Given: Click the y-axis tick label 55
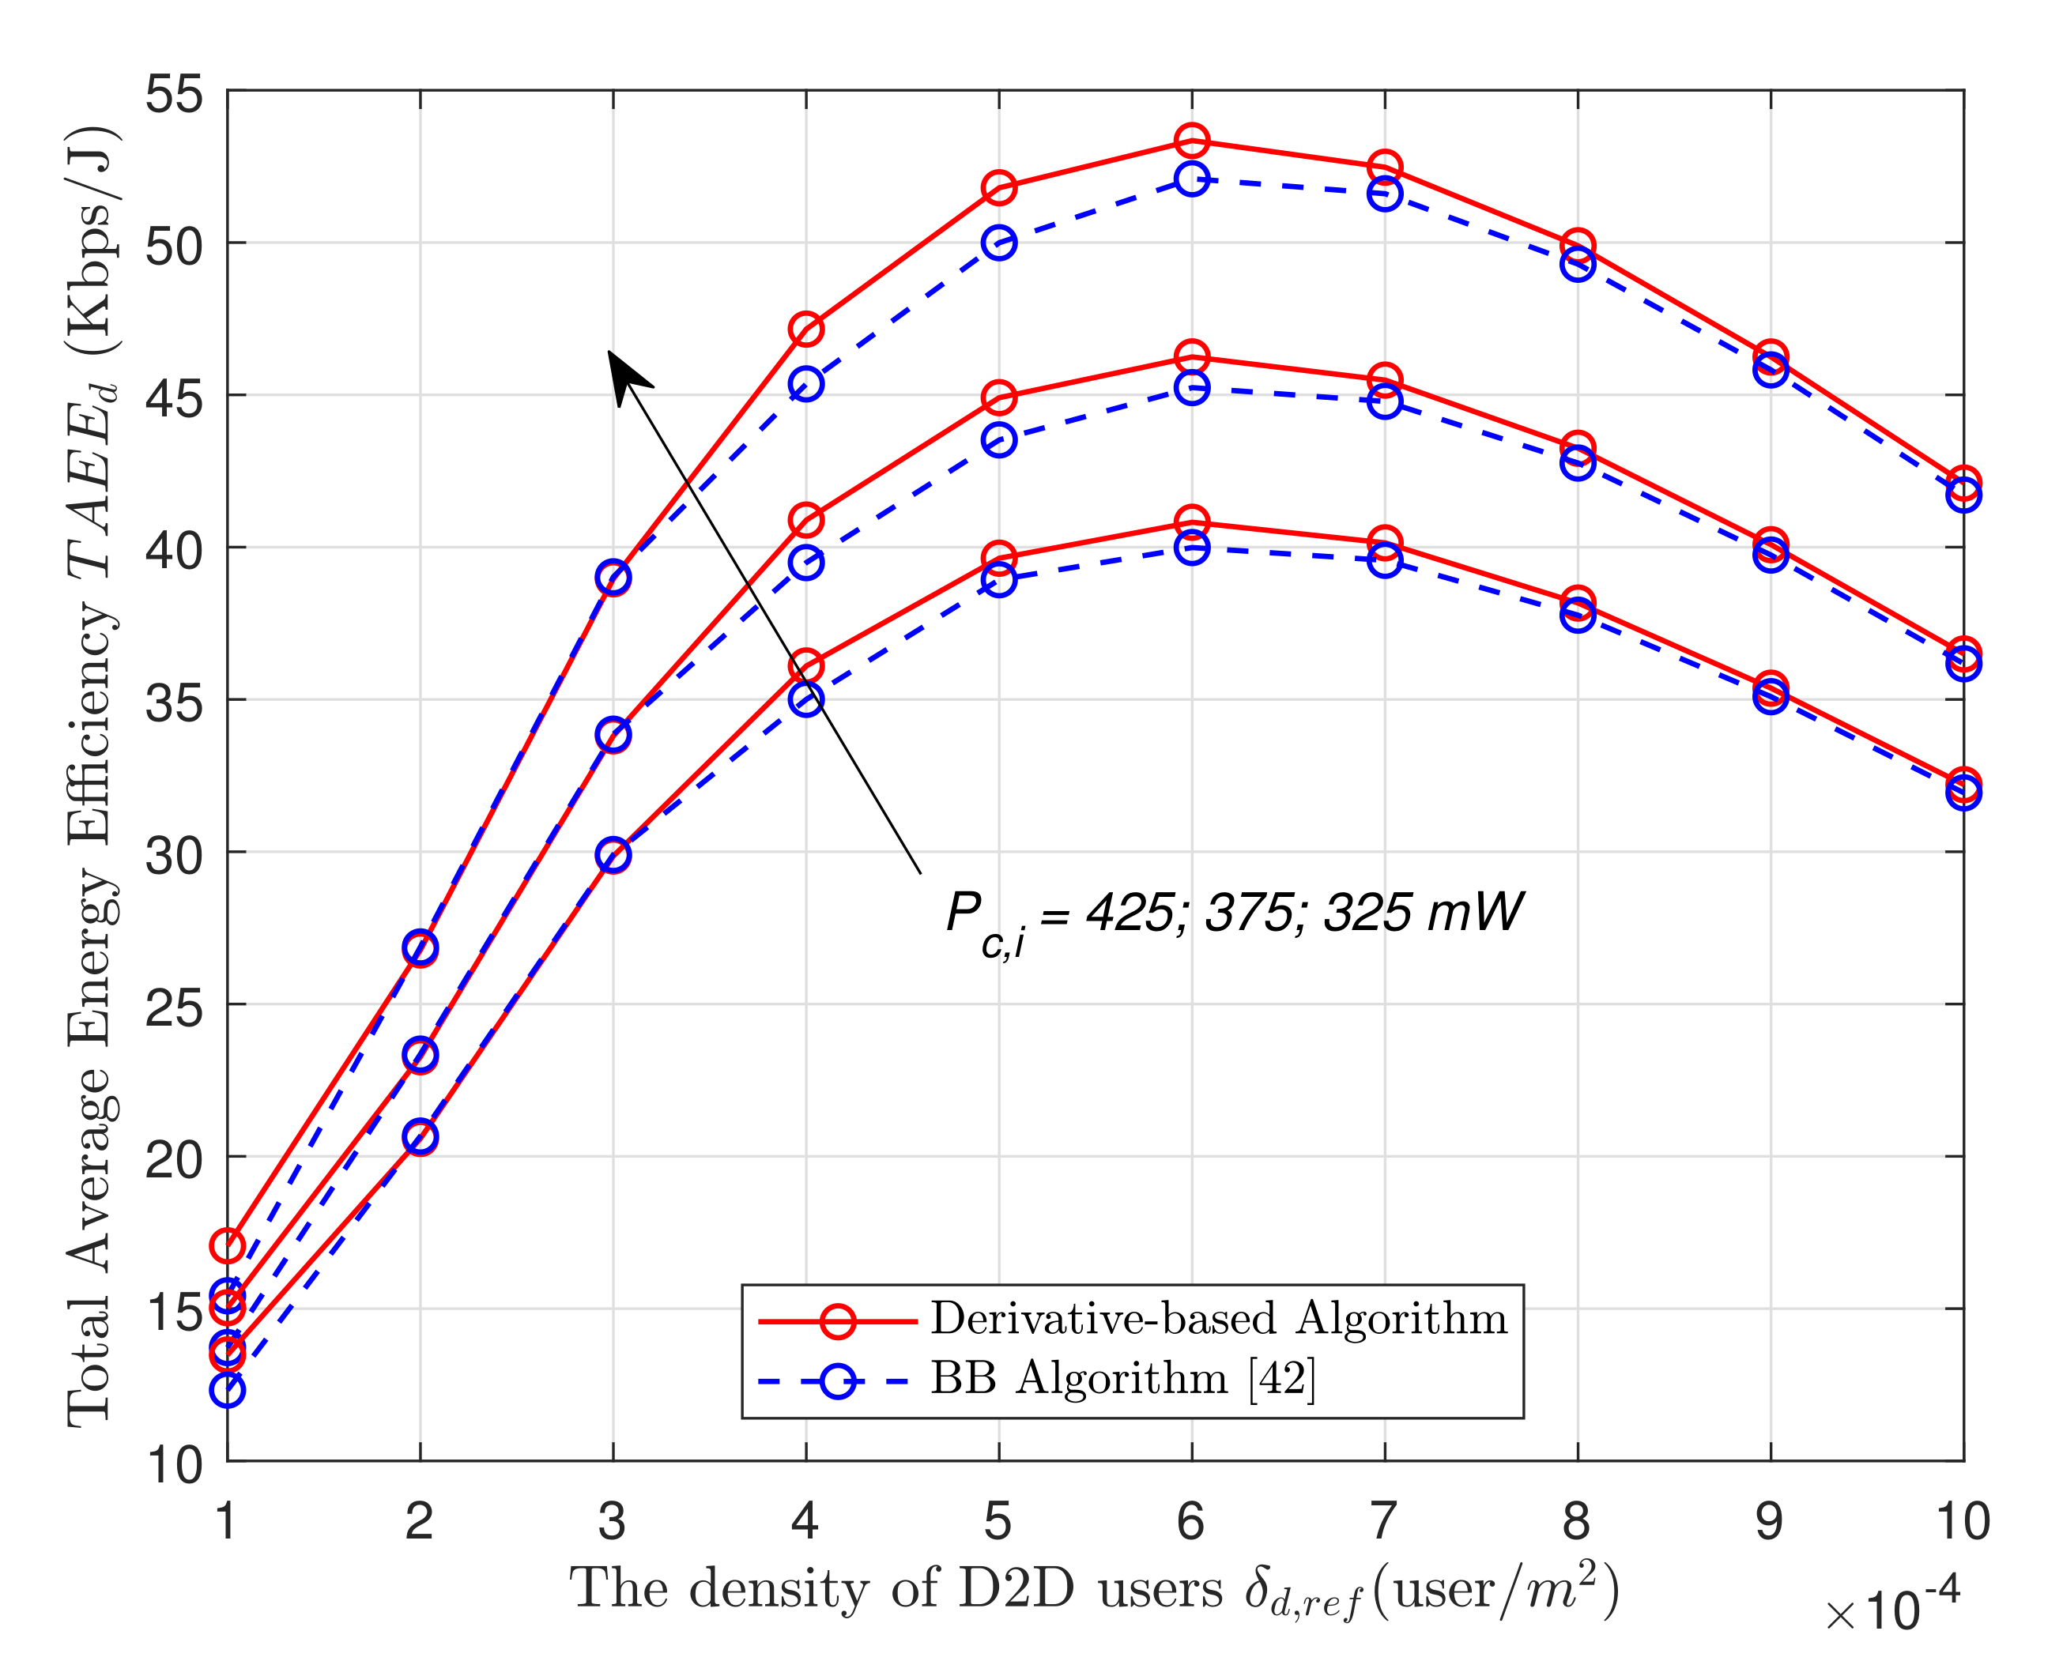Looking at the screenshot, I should tap(175, 95).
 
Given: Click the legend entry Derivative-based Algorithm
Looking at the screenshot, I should tap(1218, 1319).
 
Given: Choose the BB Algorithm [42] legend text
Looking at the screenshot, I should tap(1122, 1379).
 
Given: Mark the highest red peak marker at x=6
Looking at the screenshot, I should tap(1191, 141).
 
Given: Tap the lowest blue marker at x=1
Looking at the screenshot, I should tap(227, 1390).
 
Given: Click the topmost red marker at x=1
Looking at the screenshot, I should tap(227, 1245).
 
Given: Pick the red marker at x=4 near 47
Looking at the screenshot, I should tap(805, 330).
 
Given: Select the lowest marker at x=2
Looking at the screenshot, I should tap(419, 1137).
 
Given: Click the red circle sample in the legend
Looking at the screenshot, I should tap(836, 1320).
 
